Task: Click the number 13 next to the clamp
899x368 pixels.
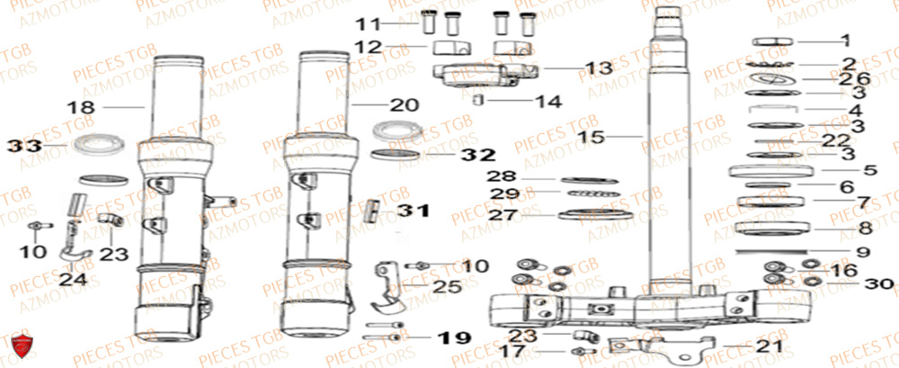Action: [571, 67]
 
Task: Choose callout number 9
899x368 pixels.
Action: [863, 252]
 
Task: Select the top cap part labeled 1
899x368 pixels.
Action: [771, 41]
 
